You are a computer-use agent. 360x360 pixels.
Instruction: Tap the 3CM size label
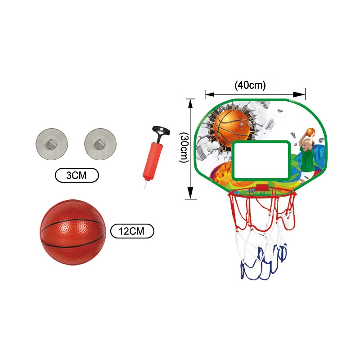(76, 175)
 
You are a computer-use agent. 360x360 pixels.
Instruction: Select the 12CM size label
(132, 231)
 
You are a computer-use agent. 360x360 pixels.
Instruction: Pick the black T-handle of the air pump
(161, 132)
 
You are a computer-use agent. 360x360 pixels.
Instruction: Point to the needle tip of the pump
(145, 185)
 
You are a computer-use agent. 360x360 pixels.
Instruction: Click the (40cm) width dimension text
(250, 85)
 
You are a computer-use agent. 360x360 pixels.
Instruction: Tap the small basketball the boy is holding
(310, 131)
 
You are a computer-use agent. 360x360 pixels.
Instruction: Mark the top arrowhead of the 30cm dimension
(191, 103)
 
